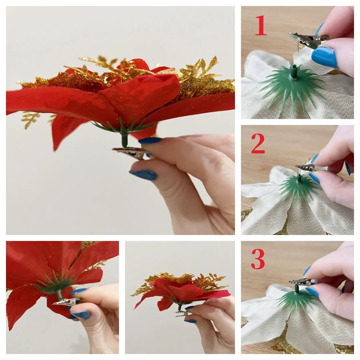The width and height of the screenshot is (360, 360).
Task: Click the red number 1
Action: (261, 25)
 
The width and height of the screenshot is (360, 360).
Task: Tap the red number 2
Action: (258, 144)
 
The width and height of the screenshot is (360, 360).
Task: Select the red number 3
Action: (258, 259)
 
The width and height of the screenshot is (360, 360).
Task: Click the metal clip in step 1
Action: (307, 40)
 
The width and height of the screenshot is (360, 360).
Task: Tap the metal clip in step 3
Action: (301, 282)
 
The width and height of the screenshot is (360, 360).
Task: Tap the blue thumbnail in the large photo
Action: (143, 175)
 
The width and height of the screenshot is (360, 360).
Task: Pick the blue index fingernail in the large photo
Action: (150, 140)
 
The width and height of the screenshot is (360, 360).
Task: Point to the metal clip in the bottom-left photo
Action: (66, 302)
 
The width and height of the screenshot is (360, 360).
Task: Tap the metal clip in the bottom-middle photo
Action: (183, 314)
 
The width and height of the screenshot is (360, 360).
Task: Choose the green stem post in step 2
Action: (299, 178)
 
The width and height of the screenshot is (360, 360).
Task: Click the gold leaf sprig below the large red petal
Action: (30, 119)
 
